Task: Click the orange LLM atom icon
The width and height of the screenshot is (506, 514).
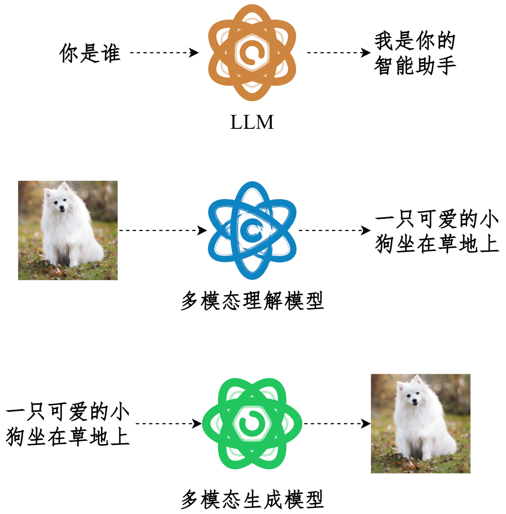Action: [x=252, y=53]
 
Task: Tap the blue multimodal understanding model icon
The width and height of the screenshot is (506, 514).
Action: [x=252, y=231]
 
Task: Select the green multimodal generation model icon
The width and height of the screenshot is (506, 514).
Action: [x=252, y=424]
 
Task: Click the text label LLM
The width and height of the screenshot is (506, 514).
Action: [x=252, y=122]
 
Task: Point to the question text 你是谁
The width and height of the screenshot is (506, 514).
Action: [x=90, y=53]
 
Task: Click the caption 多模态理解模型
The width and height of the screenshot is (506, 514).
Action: [x=252, y=301]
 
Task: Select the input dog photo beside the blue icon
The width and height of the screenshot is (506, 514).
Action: [x=68, y=231]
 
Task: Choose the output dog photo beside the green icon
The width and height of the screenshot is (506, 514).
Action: [x=421, y=424]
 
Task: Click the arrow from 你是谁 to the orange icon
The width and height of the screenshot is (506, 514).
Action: [x=164, y=53]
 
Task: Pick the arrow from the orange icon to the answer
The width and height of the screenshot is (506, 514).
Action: [x=339, y=53]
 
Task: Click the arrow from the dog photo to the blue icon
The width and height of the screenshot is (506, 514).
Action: [x=163, y=231]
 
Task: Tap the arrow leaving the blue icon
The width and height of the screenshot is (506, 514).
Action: [x=334, y=231]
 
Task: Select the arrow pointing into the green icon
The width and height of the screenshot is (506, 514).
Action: [x=169, y=424]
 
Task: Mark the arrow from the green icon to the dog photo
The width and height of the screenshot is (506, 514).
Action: [x=337, y=424]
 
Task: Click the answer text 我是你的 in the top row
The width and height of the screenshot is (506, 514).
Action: [x=415, y=41]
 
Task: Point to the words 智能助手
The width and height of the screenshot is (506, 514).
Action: [x=415, y=65]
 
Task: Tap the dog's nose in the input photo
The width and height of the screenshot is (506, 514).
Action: [x=62, y=207]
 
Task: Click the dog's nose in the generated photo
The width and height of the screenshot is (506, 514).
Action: [x=415, y=401]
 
